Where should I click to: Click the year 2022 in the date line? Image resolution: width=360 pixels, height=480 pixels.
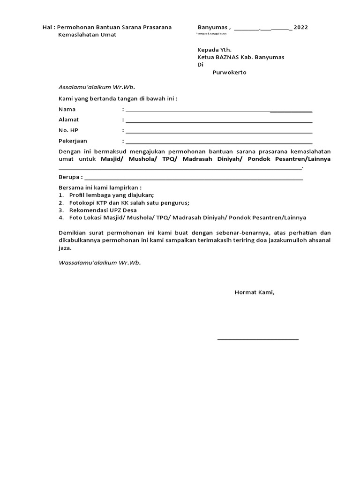(x=301, y=28)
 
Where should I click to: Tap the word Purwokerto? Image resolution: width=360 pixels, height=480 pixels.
(x=229, y=73)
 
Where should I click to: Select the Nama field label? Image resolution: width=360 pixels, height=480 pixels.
(x=67, y=109)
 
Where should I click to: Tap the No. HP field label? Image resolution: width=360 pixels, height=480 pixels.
(x=68, y=130)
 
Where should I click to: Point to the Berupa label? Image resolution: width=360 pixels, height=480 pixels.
(x=69, y=178)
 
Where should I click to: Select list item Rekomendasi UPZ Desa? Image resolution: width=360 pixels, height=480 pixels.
(x=103, y=210)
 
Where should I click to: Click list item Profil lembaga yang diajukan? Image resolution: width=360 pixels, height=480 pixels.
(x=111, y=195)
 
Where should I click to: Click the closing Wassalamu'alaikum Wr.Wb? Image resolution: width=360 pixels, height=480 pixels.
(x=99, y=262)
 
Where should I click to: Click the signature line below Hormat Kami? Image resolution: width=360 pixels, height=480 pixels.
(x=258, y=338)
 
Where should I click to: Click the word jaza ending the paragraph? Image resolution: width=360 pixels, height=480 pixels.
(x=65, y=248)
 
